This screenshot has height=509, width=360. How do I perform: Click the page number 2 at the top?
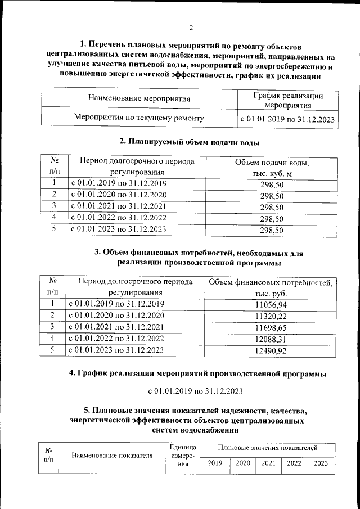click(191, 27)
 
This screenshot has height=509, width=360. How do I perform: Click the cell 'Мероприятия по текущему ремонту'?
click(139, 118)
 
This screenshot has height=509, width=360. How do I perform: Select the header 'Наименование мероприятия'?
click(139, 99)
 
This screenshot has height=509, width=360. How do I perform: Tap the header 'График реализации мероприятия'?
click(287, 100)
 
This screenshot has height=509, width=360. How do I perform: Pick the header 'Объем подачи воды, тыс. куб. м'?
click(272, 168)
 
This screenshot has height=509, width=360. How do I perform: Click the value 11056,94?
click(271, 304)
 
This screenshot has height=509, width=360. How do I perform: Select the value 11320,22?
click(271, 316)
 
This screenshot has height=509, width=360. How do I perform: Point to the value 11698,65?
click(271, 327)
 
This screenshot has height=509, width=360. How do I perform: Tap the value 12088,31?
click(271, 339)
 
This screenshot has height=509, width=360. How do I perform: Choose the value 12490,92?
click(271, 351)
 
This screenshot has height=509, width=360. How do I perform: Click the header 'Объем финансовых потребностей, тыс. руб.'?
click(271, 287)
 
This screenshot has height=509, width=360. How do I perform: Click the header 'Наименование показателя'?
click(112, 456)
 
